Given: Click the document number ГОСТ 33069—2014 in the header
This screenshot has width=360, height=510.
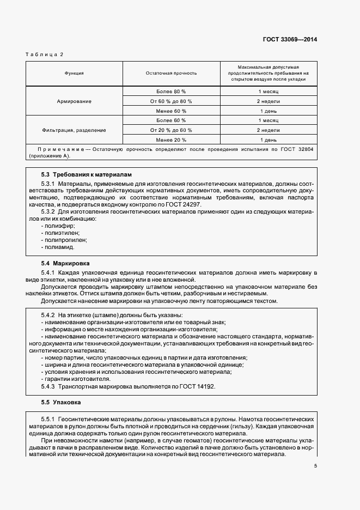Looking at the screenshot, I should point(290,39).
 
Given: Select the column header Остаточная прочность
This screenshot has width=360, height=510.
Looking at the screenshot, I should point(171,72).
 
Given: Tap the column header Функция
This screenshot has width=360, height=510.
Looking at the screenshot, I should point(74,72).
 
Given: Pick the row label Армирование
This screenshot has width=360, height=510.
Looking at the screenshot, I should point(74,101).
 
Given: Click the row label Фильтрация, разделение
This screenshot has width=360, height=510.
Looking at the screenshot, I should point(74,130).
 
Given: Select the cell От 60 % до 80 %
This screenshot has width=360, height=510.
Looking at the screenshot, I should point(171,101).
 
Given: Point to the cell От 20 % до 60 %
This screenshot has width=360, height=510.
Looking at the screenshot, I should point(171,130).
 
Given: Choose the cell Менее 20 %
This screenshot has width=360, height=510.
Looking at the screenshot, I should point(171,140).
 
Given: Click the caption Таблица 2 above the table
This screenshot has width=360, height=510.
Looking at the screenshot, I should point(45,54).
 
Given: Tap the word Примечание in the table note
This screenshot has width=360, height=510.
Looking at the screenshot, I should point(59,149).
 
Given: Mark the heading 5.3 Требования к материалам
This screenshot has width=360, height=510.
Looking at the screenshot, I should point(87,175).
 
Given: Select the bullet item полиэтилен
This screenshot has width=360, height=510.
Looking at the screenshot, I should point(60,233).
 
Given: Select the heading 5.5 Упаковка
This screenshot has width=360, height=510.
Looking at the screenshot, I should point(61,402).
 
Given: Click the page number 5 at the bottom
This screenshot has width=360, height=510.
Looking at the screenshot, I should point(316,466).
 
